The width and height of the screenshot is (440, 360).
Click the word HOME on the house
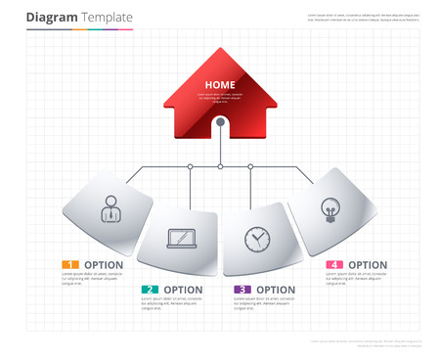[220, 85]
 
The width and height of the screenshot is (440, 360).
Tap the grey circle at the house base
[221, 122]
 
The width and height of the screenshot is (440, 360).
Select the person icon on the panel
[110, 208]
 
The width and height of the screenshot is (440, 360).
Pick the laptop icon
[181, 238]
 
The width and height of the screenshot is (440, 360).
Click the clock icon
[256, 238]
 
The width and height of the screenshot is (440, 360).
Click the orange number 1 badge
[68, 265]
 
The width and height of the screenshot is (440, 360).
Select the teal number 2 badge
[149, 290]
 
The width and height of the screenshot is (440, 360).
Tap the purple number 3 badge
[242, 290]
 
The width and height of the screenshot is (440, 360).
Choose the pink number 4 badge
[334, 265]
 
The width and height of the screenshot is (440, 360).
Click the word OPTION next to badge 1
[104, 265]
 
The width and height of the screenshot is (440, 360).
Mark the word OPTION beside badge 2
[183, 290]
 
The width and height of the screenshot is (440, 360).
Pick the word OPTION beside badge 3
[276, 290]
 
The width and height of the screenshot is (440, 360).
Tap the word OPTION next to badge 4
[368, 265]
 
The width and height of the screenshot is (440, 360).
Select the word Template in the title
[106, 19]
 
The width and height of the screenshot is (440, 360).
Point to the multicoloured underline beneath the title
[79, 29]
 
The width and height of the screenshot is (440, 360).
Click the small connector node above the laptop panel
[190, 167]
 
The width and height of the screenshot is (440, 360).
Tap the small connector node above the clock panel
[251, 167]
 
